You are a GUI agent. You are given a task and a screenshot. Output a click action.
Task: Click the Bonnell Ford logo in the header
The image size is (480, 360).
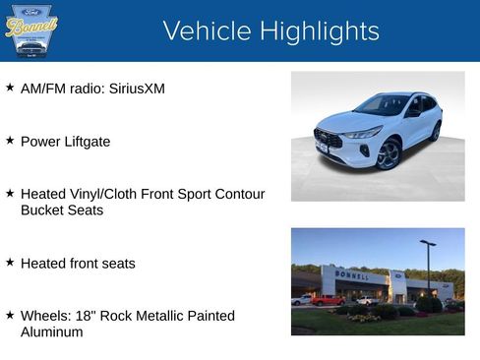(31, 30)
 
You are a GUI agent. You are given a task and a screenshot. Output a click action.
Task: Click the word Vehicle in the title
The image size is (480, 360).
(206, 31)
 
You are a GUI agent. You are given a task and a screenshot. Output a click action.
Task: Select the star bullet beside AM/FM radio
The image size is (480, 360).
(10, 88)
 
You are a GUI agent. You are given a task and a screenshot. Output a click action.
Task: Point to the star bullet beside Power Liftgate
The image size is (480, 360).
(10, 141)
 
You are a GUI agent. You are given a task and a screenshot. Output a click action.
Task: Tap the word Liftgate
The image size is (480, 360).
(87, 142)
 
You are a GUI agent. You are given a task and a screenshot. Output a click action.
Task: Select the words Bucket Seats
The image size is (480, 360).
(62, 210)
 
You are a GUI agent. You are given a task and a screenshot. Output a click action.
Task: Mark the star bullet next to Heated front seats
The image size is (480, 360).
(10, 263)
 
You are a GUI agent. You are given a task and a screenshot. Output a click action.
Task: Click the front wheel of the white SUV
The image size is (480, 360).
(389, 154)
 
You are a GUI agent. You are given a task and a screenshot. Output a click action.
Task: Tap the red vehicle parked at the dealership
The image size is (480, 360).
(326, 300)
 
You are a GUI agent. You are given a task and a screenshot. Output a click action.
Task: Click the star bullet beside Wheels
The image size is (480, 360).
(10, 316)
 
